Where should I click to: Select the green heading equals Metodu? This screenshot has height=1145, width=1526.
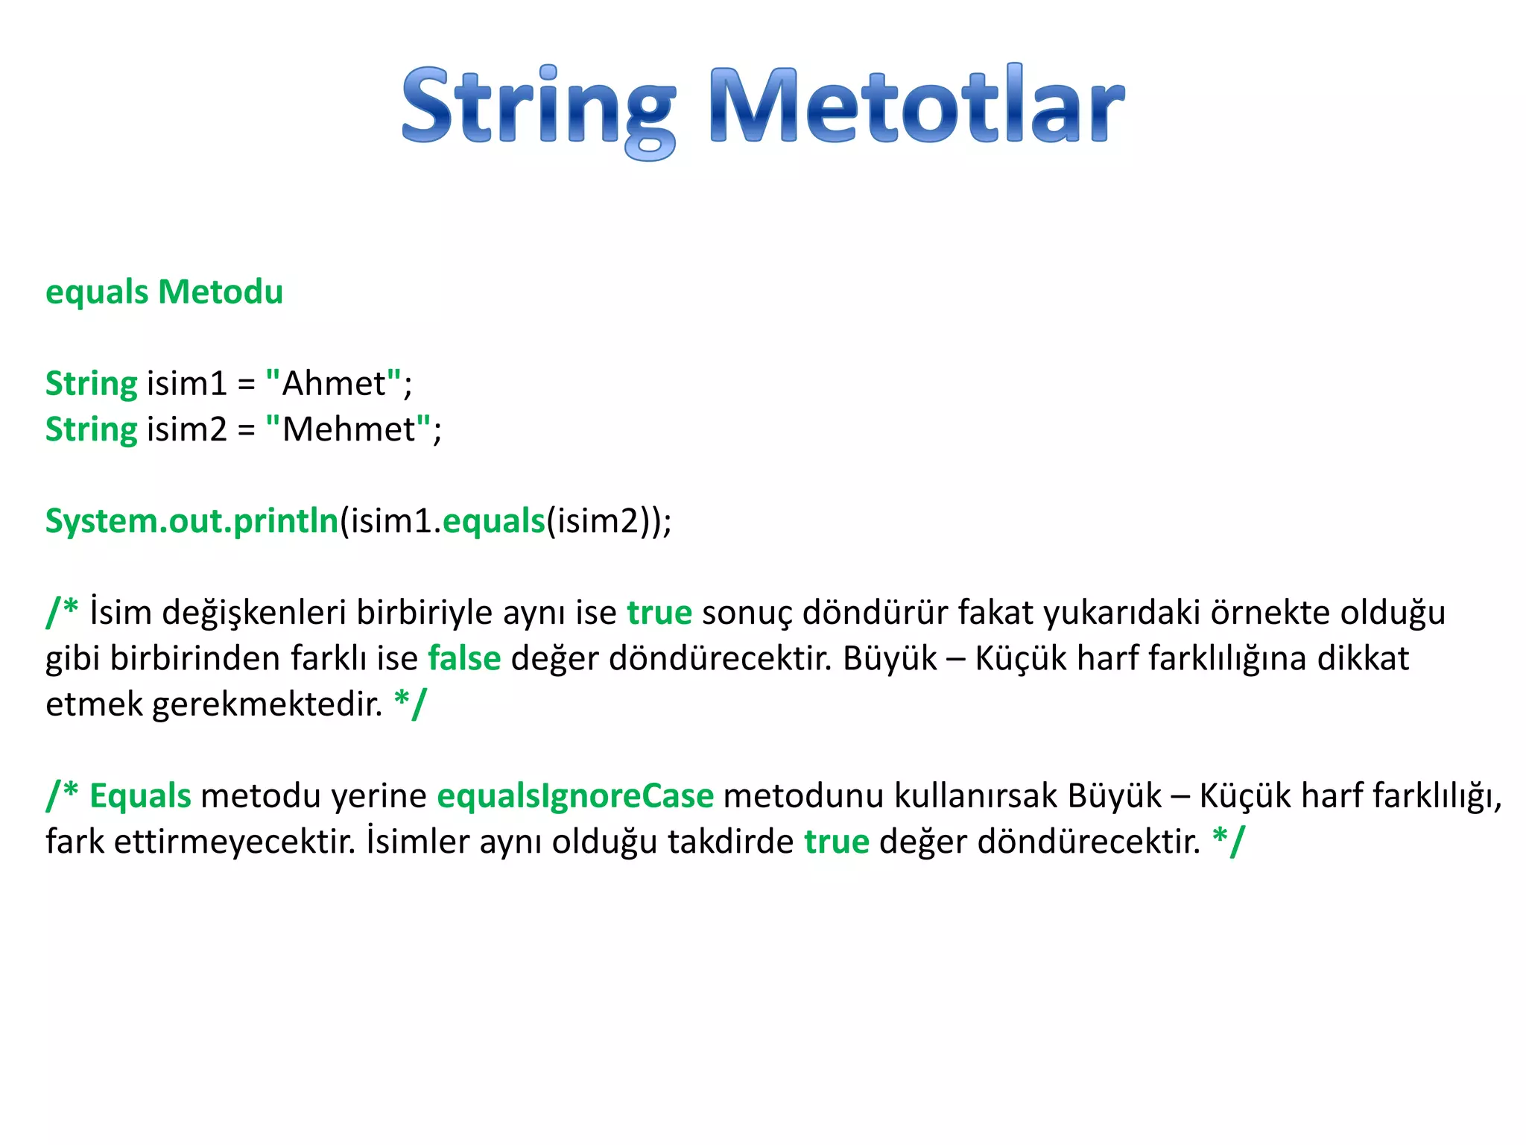tap(164, 291)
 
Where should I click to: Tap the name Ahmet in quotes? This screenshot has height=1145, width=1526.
tap(334, 384)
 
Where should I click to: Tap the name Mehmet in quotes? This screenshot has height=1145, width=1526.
tap(349, 429)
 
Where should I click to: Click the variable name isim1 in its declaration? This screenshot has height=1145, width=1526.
tap(186, 384)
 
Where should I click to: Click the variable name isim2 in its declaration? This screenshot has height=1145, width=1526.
tap(186, 429)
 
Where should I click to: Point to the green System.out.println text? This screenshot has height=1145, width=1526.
tap(191, 521)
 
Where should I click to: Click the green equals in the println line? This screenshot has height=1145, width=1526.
tap(494, 521)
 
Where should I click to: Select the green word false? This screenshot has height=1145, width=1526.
tap(464, 659)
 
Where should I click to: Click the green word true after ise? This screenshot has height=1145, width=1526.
tap(659, 613)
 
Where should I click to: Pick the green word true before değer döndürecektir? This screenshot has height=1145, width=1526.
tap(836, 842)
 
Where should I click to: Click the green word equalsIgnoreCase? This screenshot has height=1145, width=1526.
tap(574, 796)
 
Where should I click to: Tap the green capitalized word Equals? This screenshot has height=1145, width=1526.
tap(140, 796)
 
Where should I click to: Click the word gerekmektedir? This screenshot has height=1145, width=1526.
tap(267, 704)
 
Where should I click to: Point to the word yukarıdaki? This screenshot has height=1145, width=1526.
tap(1121, 613)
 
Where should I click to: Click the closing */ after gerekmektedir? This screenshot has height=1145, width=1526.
tap(411, 703)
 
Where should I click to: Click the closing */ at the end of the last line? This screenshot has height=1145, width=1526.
tap(1228, 841)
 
